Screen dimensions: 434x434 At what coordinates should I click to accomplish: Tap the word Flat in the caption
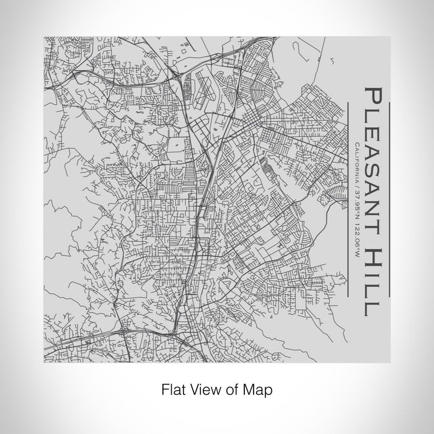point(172,390)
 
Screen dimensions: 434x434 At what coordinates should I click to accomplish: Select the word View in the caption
point(201,390)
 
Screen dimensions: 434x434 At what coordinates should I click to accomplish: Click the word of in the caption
point(230,390)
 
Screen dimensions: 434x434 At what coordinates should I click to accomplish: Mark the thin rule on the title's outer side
point(389,198)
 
